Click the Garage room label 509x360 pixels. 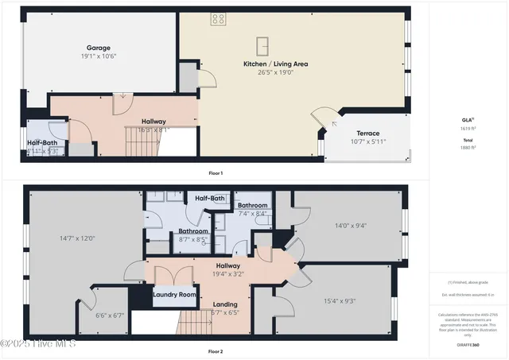[99, 48]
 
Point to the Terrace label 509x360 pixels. [367, 134]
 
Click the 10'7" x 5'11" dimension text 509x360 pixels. [367, 142]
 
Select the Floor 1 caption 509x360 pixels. [215, 172]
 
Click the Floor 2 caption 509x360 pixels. [215, 350]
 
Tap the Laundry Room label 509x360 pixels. [174, 295]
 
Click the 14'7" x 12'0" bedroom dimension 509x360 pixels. [77, 238]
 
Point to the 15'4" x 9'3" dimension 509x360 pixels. [340, 300]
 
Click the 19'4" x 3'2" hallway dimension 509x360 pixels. [228, 274]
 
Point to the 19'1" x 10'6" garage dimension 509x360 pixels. [99, 56]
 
